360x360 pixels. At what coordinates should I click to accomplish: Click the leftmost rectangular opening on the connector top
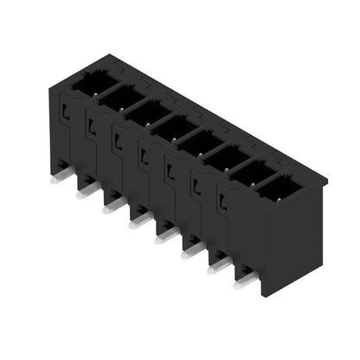88,82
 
